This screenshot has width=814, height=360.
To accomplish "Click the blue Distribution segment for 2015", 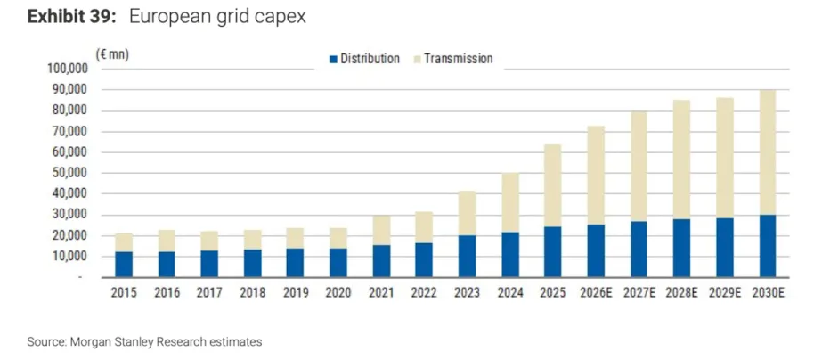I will [125, 265].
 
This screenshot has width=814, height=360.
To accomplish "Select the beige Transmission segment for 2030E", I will [767, 152].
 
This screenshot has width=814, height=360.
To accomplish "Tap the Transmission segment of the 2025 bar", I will [553, 185].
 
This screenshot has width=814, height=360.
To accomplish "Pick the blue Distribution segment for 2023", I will [467, 256].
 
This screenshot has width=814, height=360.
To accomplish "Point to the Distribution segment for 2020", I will [338, 263].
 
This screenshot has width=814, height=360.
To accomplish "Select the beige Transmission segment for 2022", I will [424, 227].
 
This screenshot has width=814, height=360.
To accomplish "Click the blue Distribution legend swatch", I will [333, 59].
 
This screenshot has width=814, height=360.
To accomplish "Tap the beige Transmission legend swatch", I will [417, 59].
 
